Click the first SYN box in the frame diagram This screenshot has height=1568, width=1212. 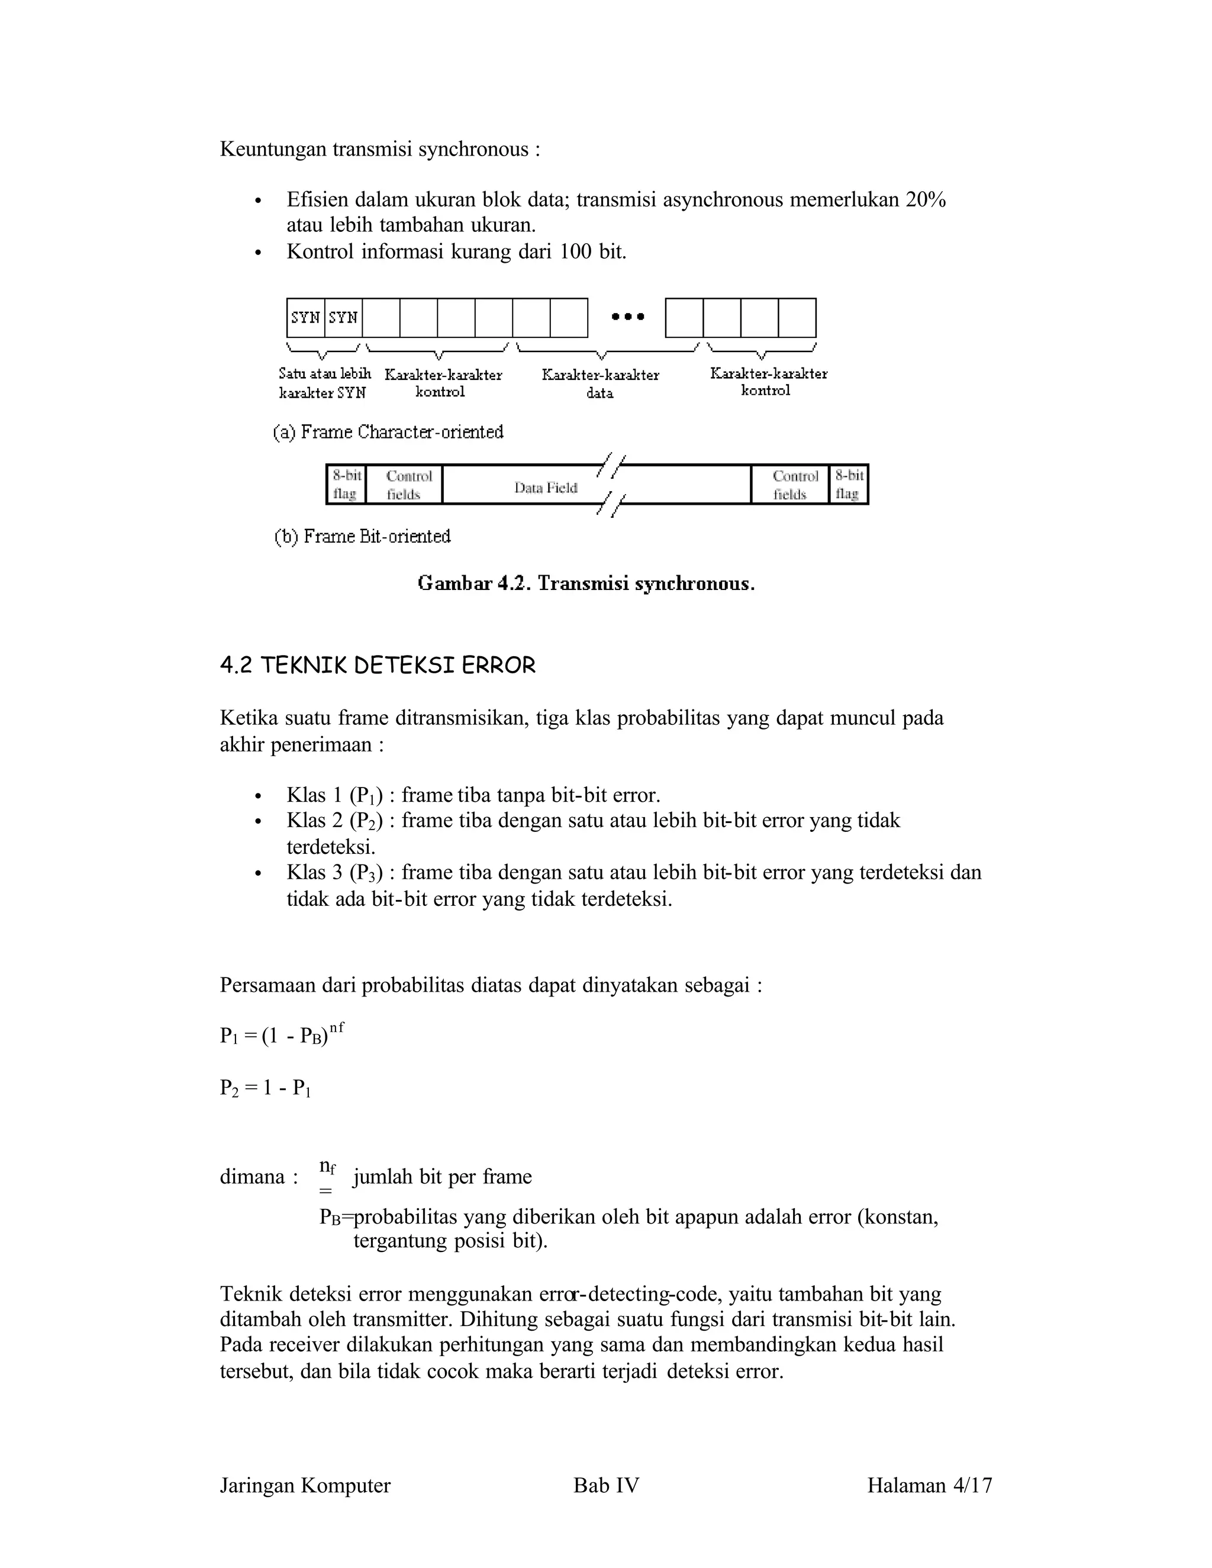pos(305,317)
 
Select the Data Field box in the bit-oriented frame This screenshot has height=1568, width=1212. pos(546,488)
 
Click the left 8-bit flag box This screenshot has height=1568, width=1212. pos(346,485)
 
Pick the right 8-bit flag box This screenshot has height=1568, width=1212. pos(849,485)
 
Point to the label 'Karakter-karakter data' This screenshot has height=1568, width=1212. pos(600,383)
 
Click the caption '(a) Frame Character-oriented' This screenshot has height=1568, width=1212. pos(388,432)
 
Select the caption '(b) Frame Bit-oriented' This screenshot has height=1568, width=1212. pos(363,536)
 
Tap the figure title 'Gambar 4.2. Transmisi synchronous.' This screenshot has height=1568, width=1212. pos(586,583)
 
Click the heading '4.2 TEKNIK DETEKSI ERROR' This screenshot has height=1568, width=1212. pos(378,666)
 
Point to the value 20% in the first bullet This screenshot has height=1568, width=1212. pos(926,199)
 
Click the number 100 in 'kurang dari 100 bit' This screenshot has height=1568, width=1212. pos(576,252)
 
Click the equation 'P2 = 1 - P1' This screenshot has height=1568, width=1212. pos(265,1088)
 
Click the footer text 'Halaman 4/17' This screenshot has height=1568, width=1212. pos(929,1485)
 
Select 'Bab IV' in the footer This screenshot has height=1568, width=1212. pos(606,1485)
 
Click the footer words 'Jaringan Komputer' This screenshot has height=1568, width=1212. pos(305,1485)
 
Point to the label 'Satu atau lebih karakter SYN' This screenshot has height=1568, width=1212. pos(324,383)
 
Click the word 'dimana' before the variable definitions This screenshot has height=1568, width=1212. pos(253,1177)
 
